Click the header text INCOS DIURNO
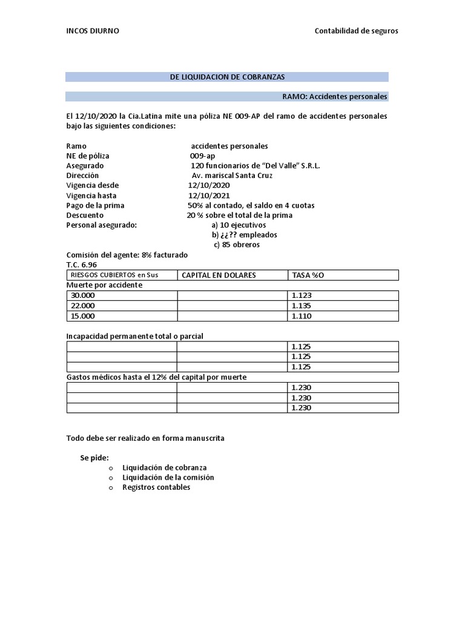[x=93, y=31]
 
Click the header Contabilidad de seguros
[x=356, y=31]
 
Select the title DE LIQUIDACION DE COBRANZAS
[x=227, y=77]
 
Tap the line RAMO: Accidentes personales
[x=335, y=96]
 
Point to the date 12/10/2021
[x=209, y=196]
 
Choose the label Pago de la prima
[x=95, y=205]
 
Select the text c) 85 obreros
[x=237, y=245]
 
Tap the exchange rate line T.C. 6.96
[x=81, y=265]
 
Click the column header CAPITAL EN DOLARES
[x=219, y=275]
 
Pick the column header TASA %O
[x=308, y=275]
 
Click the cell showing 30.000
[x=83, y=295]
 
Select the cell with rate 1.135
[x=301, y=306]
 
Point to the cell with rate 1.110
[x=301, y=316]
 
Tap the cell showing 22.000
[x=83, y=306]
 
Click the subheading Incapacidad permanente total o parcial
[x=139, y=336]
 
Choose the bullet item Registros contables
[x=156, y=487]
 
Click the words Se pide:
[x=94, y=458]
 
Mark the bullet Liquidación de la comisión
[x=168, y=477]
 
